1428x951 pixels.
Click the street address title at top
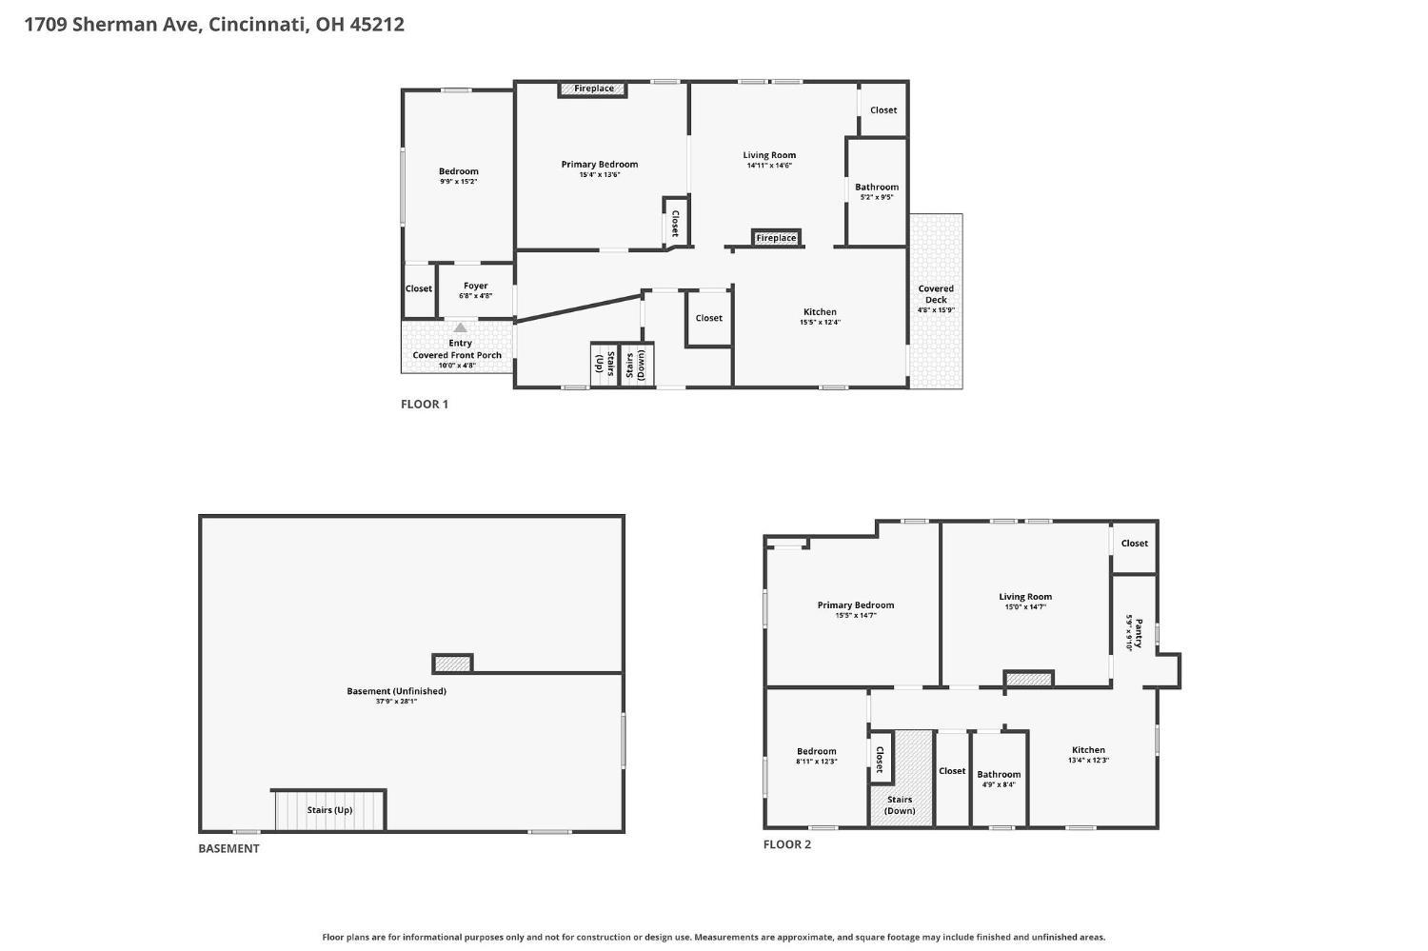click(x=214, y=24)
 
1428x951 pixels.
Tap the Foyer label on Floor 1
click(x=476, y=287)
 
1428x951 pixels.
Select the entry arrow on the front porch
click(x=460, y=327)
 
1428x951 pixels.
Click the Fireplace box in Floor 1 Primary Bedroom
click(x=593, y=89)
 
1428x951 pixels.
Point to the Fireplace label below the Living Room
click(x=776, y=238)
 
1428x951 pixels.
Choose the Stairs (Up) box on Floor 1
click(x=604, y=365)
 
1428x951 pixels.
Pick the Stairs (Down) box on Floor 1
click(x=637, y=365)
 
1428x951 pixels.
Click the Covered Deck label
click(x=936, y=294)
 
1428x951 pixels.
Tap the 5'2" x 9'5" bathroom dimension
click(x=877, y=198)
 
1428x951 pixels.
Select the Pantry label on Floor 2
click(x=1139, y=633)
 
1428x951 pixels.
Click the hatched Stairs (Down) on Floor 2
click(x=901, y=779)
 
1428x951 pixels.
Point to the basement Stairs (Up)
click(x=329, y=810)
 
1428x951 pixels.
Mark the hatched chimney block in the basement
click(x=452, y=664)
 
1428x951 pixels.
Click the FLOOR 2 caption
click(x=787, y=844)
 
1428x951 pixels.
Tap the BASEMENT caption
click(x=228, y=849)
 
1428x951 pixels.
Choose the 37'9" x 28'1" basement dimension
click(x=397, y=702)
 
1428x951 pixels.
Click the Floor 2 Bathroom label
click(x=999, y=775)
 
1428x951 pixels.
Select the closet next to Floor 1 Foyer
click(x=419, y=288)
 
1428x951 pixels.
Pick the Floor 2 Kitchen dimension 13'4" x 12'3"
click(x=1089, y=761)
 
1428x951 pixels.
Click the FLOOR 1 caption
click(x=425, y=405)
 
